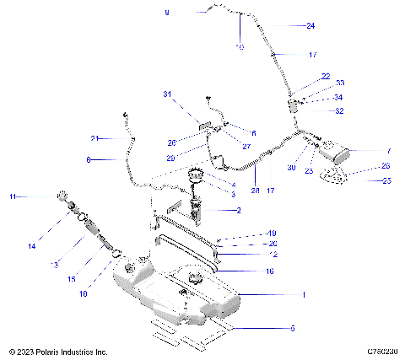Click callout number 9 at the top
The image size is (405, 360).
167,13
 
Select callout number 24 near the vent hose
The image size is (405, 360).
310,26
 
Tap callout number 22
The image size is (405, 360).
326,77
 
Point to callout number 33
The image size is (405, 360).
340,83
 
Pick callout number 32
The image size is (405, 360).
339,110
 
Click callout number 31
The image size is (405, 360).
167,94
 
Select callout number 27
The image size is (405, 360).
247,147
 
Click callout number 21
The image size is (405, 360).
95,138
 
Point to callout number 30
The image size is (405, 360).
291,168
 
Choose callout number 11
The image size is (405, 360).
13,196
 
